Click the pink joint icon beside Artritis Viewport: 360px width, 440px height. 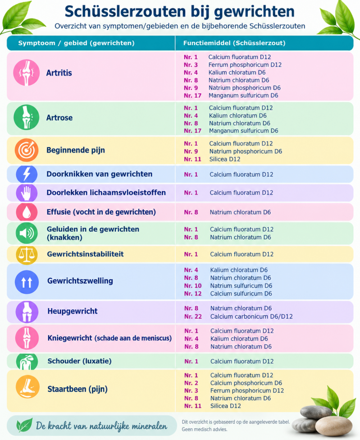click(26, 73)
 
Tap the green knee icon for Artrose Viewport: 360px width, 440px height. click(26, 117)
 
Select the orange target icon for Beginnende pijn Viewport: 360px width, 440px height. click(26, 150)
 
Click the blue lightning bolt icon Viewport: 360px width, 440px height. click(27, 174)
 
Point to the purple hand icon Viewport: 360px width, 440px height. click(27, 193)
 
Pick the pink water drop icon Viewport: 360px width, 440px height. click(27, 212)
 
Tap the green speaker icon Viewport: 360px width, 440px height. click(27, 233)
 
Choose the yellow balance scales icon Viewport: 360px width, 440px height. click(27, 254)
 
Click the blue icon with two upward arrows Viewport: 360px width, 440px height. click(27, 282)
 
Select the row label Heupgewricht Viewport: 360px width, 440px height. click(73, 311)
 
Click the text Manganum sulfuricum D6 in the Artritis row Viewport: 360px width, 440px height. click(243, 96)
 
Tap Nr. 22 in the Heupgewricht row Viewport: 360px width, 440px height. click(193, 316)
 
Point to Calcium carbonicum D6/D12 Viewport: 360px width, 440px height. click(251, 316)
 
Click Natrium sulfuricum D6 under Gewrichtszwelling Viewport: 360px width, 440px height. click(241, 286)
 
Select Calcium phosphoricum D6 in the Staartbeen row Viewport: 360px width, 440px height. click(246, 383)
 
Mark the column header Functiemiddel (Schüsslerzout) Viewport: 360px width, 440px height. click(234, 43)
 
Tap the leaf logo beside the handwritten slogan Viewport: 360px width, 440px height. click(24, 425)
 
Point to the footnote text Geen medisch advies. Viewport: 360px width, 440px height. click(205, 429)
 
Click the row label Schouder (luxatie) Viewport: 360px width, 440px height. click(79, 361)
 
